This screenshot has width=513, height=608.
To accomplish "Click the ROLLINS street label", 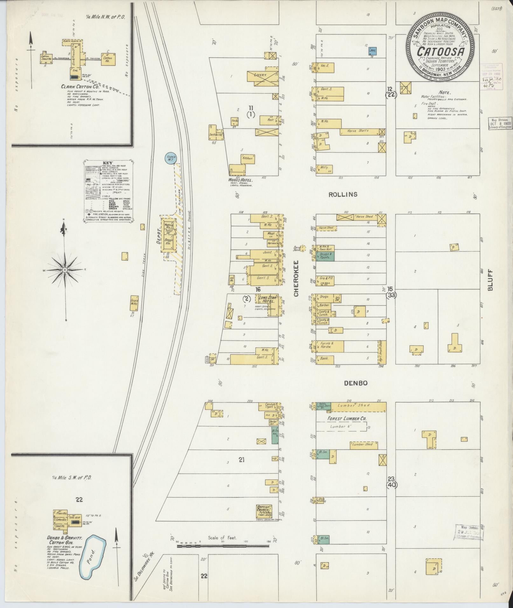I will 343,195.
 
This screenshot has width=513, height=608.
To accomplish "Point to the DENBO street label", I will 356,383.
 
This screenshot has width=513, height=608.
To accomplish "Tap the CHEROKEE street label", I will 296,279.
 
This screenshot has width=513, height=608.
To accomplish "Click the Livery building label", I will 260,75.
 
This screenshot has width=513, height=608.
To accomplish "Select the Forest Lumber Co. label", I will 347,419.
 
